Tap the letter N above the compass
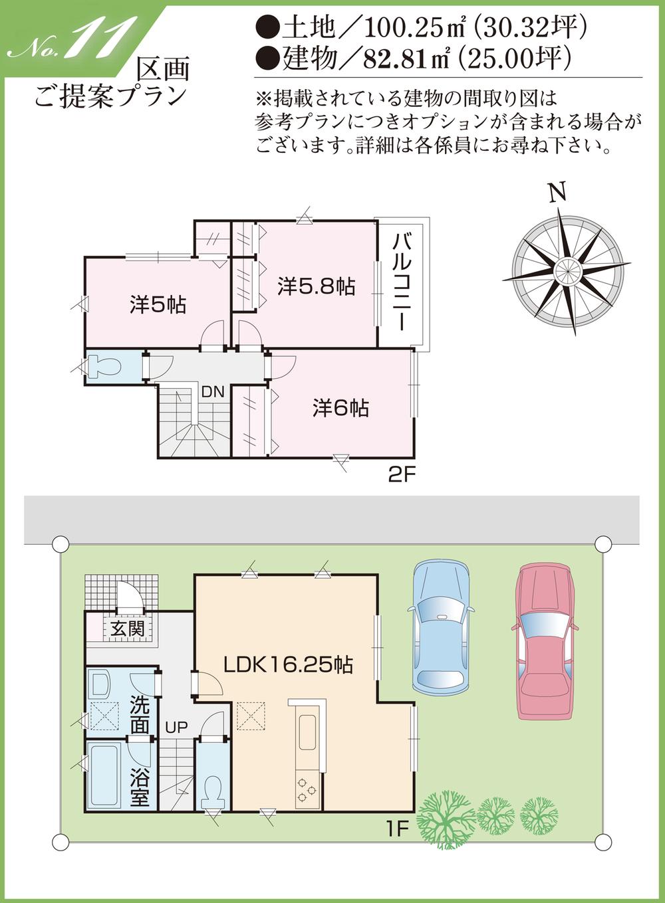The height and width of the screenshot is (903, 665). [x=558, y=192]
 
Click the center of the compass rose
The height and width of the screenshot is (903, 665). [x=567, y=270]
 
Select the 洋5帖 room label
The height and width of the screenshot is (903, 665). [x=158, y=305]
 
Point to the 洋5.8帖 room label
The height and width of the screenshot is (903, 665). [x=316, y=286]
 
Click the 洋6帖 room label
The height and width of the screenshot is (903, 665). [x=340, y=407]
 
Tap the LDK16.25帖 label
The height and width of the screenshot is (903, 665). [x=288, y=664]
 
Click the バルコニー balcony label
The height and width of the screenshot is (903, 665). [x=400, y=282]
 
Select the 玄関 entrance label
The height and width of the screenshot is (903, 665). [x=127, y=628]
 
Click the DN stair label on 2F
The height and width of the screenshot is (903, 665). [x=213, y=392]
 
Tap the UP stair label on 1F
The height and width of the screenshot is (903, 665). [x=177, y=728]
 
